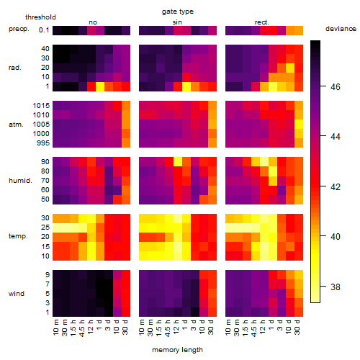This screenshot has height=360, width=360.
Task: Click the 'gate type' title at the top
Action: [178, 12]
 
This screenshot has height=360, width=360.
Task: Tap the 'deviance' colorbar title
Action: [341, 29]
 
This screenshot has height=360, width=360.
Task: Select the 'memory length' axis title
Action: [177, 350]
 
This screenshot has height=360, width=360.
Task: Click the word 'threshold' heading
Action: [40, 17]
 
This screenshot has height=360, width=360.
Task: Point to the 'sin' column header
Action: [177, 22]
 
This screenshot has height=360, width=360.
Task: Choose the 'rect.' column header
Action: [262, 22]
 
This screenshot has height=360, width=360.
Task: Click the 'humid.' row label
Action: [20, 181]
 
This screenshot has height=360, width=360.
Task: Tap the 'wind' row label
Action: [17, 294]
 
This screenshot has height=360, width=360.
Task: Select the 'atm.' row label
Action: [16, 125]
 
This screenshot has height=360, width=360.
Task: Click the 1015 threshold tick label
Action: [41, 106]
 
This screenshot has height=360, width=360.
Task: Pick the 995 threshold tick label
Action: [43, 143]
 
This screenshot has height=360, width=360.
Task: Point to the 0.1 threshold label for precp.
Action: [44, 30]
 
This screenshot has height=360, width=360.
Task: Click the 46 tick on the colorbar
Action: [336, 86]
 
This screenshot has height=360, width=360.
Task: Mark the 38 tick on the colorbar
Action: [336, 287]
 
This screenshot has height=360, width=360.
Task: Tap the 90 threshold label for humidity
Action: [45, 162]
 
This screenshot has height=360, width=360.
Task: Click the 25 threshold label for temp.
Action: [45, 228]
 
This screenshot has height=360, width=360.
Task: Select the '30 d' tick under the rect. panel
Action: [297, 327]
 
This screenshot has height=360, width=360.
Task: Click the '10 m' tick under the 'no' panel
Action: [56, 328]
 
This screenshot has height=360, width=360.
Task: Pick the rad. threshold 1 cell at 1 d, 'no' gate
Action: [100, 86]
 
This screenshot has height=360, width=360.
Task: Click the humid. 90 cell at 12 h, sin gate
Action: [178, 162]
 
